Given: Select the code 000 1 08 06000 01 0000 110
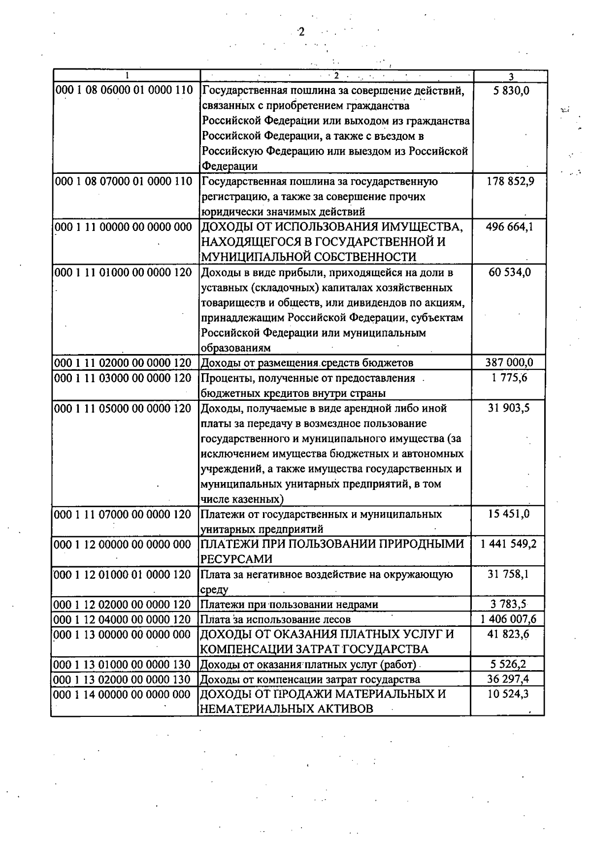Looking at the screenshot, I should (124, 91).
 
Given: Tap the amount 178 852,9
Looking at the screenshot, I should (510, 181).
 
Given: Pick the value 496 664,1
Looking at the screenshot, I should (510, 227).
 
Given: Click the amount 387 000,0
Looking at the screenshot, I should (510, 363).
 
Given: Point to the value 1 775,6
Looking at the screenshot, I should (510, 378).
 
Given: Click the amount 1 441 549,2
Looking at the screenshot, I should (510, 544).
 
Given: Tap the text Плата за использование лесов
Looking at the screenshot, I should (275, 619).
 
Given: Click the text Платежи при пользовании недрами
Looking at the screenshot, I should (289, 605).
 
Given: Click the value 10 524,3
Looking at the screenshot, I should (510, 694).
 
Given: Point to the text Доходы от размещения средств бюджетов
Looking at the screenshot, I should (307, 363).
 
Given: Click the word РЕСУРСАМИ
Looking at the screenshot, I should (236, 559).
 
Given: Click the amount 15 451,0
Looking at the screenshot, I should (510, 514).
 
